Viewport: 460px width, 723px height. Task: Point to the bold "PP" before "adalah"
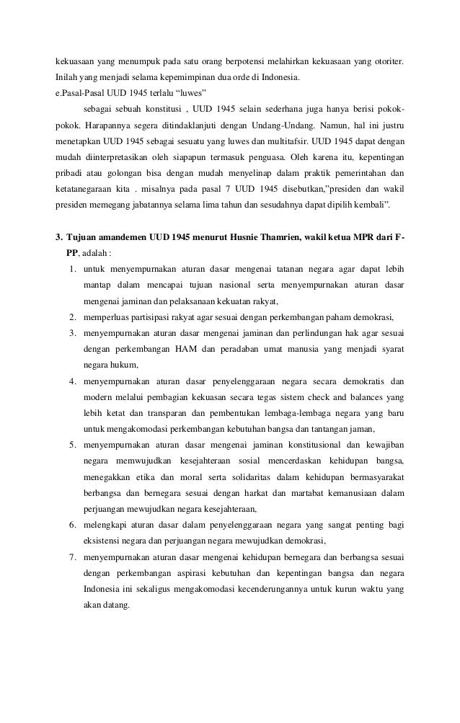72,253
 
